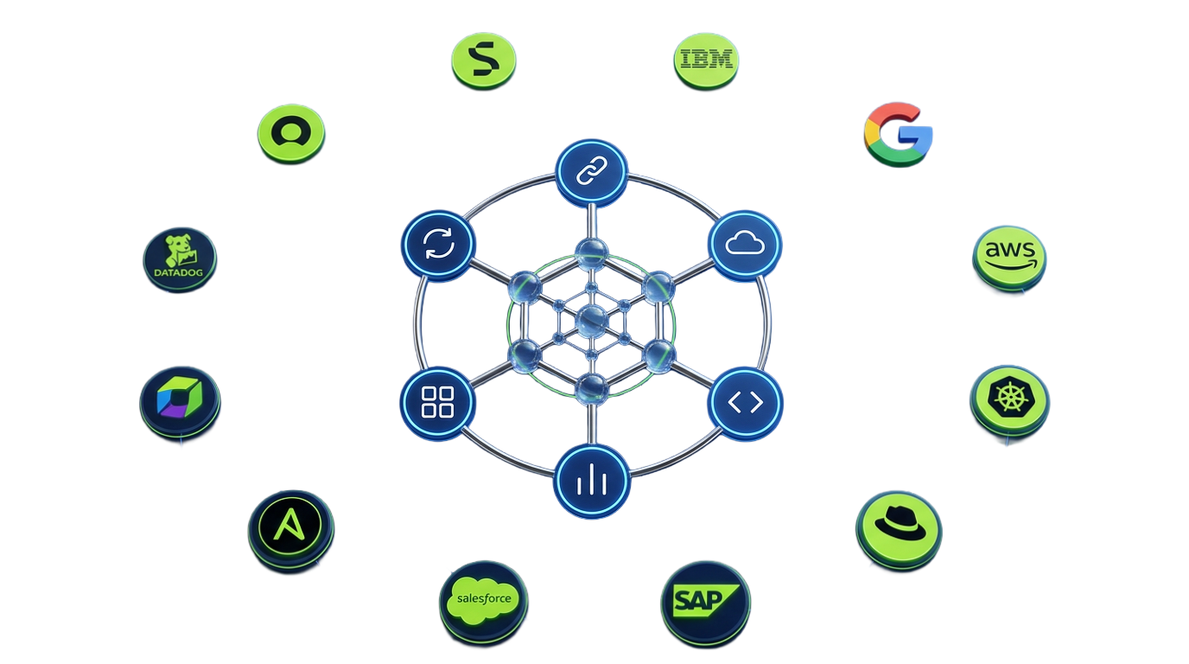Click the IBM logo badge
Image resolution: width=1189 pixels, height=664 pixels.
point(706,61)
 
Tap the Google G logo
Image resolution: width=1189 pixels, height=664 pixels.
point(898,134)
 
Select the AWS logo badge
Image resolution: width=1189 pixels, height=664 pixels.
point(1009,259)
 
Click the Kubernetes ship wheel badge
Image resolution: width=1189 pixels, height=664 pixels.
point(1009,400)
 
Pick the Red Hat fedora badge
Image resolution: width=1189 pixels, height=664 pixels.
point(900,530)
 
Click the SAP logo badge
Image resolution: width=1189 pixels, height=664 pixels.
point(705,604)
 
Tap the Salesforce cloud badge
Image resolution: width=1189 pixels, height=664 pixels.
point(484,603)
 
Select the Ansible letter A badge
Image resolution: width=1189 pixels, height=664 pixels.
point(291,530)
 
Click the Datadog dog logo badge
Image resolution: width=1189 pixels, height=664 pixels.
point(180,259)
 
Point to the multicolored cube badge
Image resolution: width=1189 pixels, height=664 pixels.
point(180,402)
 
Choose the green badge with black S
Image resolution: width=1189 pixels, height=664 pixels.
point(484,61)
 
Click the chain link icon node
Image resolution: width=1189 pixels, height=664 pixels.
point(592,171)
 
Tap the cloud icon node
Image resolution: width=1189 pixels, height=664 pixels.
point(745,245)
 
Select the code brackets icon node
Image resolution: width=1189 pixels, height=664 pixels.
point(745,402)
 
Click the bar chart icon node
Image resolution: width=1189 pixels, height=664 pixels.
point(592,481)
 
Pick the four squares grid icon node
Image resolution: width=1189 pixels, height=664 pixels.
point(437,402)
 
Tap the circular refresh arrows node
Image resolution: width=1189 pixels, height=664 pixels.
point(438,245)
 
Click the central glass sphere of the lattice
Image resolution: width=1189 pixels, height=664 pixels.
point(591,322)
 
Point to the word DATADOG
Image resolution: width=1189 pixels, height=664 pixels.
point(178,272)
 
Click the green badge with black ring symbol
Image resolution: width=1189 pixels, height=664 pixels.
point(291,133)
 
